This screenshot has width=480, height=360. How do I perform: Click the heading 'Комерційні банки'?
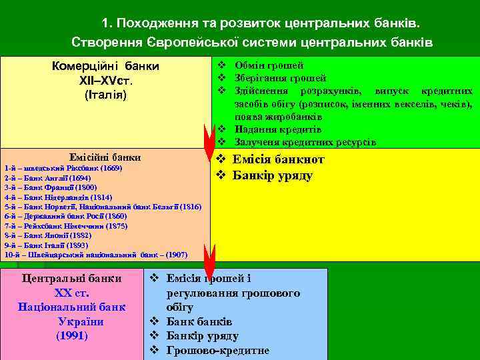105,67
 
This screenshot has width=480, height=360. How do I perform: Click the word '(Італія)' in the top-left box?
105,95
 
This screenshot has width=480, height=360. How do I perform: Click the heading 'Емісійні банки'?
105,158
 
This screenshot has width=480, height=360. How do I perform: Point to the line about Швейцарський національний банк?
95,254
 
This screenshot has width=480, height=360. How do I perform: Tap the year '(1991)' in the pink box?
72,335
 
